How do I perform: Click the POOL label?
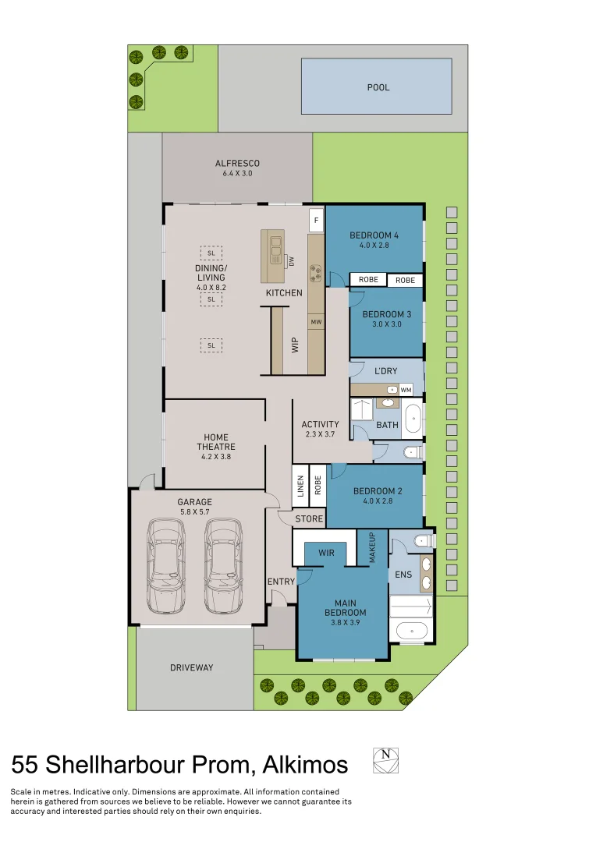pos(378,87)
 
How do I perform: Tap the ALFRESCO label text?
pos(237,164)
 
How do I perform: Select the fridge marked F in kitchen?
pos(316,221)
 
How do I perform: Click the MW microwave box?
pos(316,321)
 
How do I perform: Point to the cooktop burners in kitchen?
pos(316,273)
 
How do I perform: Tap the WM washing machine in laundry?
pos(406,389)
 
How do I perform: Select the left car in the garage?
pos(166,565)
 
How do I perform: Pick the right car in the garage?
pos(224,565)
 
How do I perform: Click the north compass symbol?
pos(385,760)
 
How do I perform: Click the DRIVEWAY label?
pos(191,667)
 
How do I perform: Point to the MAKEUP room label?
pos(372,548)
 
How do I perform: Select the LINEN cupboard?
pos(300,487)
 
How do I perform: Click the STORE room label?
pos(309,518)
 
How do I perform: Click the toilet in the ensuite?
pos(422,540)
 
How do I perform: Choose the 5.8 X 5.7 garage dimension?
pos(194,513)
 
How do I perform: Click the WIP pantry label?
pos(295,345)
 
